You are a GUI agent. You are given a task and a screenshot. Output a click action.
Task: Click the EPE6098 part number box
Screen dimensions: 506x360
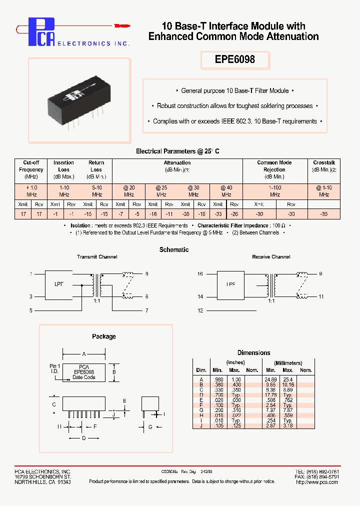click(235, 59)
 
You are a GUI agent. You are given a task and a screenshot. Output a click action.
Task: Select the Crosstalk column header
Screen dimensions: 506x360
click(323, 162)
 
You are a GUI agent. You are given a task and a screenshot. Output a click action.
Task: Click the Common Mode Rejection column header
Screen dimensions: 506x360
click(274, 169)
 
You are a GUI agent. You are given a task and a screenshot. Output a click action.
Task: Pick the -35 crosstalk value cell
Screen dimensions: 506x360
click(323, 213)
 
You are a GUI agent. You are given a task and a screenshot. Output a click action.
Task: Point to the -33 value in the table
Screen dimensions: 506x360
click(218, 213)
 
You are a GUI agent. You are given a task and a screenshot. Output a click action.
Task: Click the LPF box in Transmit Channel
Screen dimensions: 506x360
click(59, 284)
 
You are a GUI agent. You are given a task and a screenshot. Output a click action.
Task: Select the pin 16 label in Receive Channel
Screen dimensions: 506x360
click(200, 274)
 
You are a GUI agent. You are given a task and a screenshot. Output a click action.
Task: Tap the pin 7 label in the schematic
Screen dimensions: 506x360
click(146, 310)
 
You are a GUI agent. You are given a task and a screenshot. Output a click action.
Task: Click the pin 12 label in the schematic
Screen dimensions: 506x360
click(200, 310)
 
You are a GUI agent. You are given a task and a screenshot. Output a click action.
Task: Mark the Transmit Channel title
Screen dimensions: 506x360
click(97, 257)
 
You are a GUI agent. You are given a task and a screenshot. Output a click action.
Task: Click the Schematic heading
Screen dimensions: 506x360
click(174, 249)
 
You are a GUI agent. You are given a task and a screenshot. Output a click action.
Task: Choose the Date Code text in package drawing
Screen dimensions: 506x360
click(83, 377)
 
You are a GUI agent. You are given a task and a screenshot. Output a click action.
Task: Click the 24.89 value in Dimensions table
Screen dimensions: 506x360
click(270, 380)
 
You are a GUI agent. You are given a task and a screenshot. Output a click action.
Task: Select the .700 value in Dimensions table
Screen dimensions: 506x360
click(218, 394)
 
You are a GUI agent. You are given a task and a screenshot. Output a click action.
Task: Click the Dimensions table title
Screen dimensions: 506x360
click(253, 352)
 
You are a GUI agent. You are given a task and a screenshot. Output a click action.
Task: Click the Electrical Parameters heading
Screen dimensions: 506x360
click(178, 151)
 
